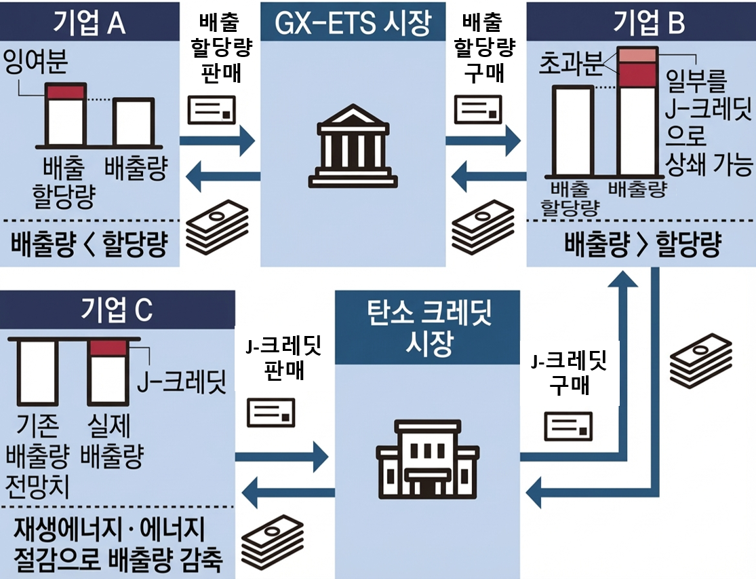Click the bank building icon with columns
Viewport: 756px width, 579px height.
pyautogui.click(x=353, y=143)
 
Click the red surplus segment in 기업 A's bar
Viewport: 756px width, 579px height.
pyautogui.click(x=64, y=92)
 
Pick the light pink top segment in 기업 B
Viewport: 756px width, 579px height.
pyautogui.click(x=637, y=55)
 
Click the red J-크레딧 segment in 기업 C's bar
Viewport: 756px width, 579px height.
pyautogui.click(x=108, y=348)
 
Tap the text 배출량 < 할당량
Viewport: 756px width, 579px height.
pyautogui.click(x=89, y=244)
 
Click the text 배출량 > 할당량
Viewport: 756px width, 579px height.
pyautogui.click(x=641, y=245)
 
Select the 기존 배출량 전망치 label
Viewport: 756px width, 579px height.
pyautogui.click(x=37, y=457)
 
